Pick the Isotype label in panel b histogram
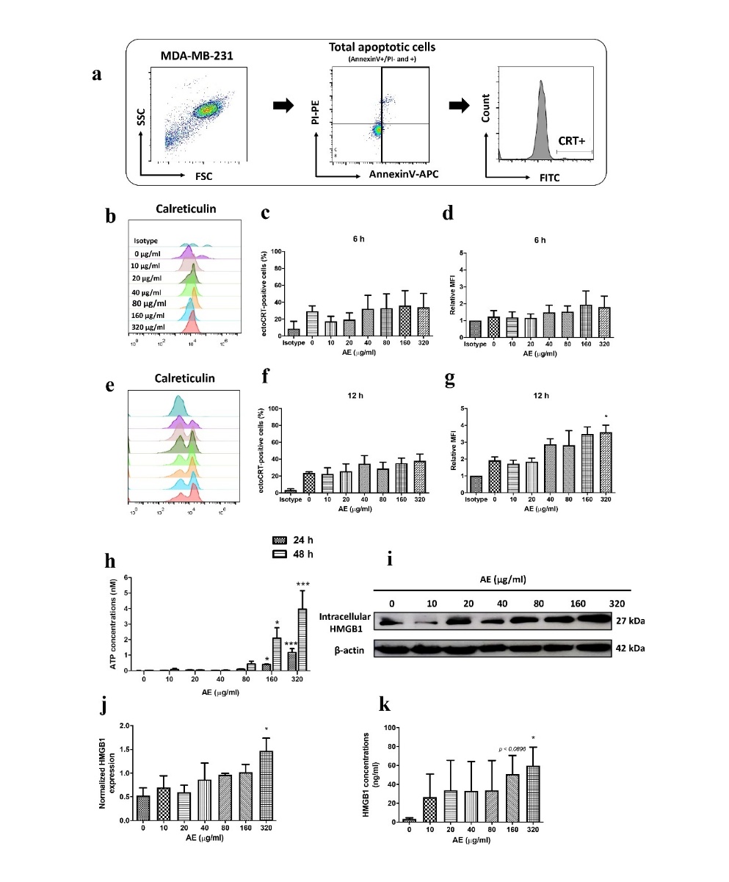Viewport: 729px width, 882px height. pos(146,240)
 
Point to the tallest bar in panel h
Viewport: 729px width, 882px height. pos(302,639)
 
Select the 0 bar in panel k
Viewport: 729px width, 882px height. pos(410,819)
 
